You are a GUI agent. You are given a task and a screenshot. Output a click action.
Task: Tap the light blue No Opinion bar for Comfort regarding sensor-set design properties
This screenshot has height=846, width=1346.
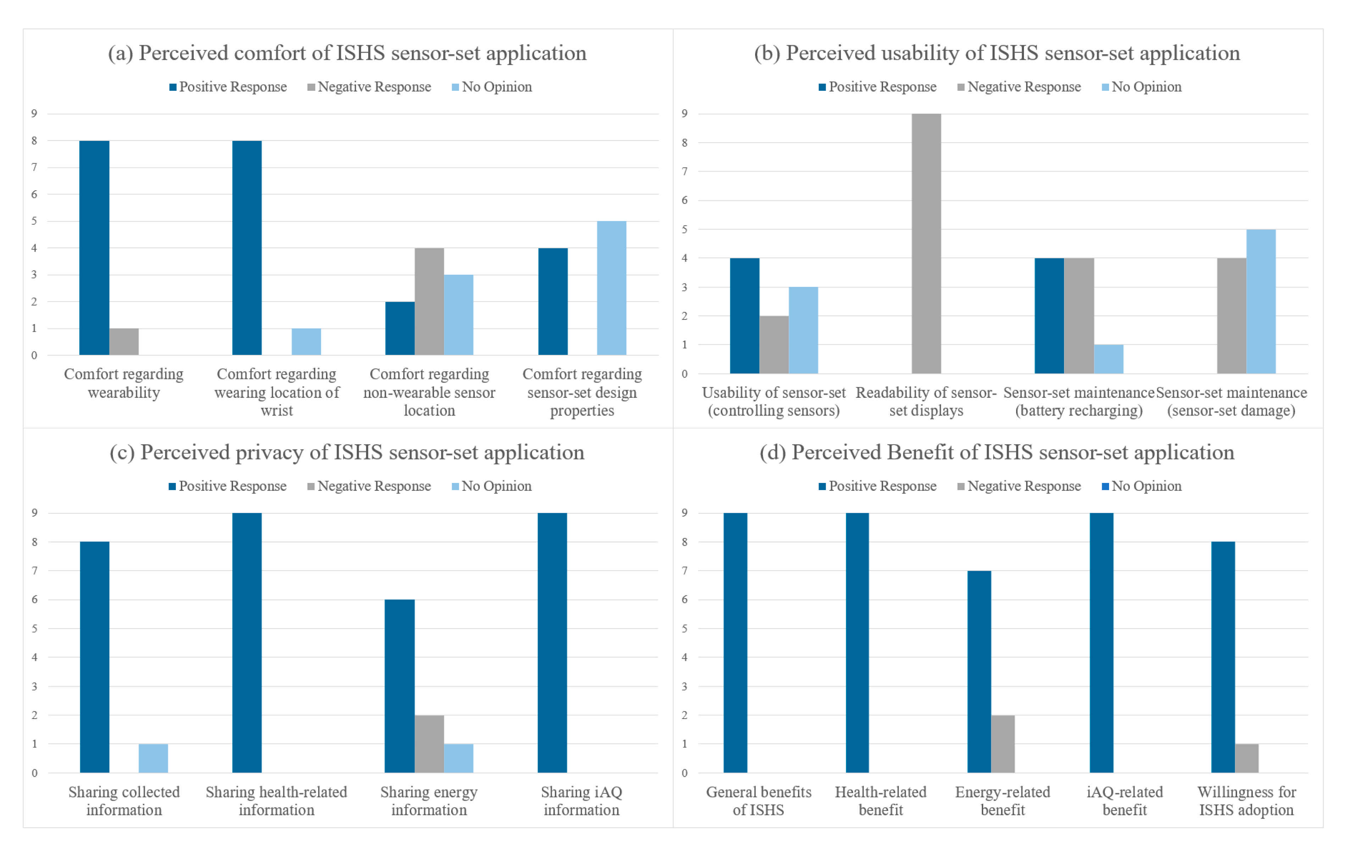(x=611, y=288)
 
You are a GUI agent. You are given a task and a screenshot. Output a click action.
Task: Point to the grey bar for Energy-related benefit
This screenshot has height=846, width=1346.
(x=1002, y=744)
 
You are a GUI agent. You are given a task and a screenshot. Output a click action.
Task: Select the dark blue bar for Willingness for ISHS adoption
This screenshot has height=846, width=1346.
(x=1223, y=657)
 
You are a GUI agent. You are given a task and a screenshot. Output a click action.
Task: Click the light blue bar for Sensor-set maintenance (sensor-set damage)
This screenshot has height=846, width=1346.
(x=1261, y=301)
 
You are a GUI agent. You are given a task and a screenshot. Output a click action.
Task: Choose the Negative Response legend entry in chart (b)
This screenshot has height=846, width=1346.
(x=1019, y=87)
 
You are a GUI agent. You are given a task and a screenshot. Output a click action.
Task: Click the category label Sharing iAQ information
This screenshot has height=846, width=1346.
(x=581, y=800)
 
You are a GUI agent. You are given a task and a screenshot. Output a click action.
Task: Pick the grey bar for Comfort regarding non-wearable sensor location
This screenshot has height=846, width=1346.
(x=429, y=301)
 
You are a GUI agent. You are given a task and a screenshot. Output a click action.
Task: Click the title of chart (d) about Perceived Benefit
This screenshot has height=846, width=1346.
(x=997, y=452)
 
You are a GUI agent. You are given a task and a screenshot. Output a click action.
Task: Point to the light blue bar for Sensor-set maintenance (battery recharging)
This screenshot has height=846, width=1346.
(x=1108, y=359)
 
